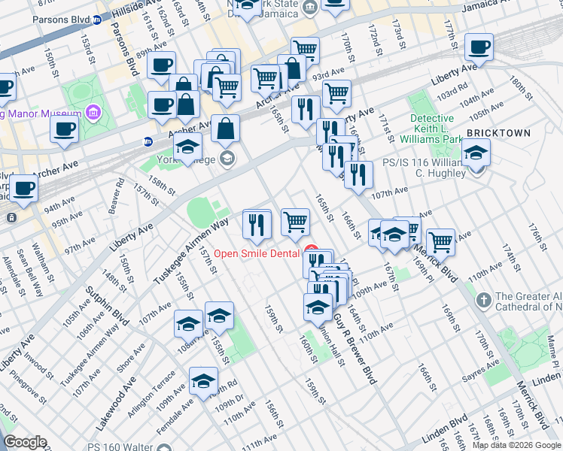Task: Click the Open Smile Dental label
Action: pyautogui.click(x=257, y=253)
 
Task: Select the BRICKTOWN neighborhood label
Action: pyautogui.click(x=498, y=133)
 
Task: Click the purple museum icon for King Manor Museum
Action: pyautogui.click(x=93, y=114)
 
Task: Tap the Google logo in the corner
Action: pyautogui.click(x=26, y=442)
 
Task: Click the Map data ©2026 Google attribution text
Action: pyautogui.click(x=516, y=445)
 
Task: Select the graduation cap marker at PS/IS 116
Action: pyautogui.click(x=475, y=154)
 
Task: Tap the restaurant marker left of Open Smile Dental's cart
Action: pyautogui.click(x=257, y=224)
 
